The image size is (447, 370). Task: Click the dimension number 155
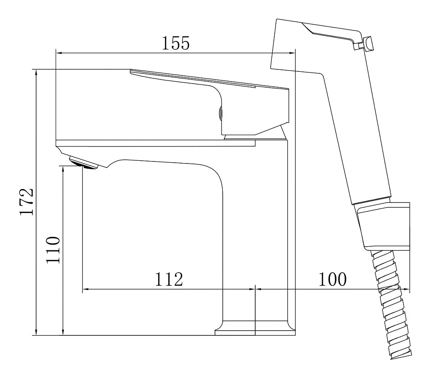point(175,43)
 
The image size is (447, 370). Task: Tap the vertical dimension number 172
point(27,201)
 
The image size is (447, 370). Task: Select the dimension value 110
point(53,250)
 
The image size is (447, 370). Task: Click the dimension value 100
point(332,279)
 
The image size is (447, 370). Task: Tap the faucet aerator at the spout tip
point(83,163)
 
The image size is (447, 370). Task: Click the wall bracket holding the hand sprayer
point(384,226)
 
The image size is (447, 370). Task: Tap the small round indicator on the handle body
point(220,114)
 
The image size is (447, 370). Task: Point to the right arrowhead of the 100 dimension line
point(406,289)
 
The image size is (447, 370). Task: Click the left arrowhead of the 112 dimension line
point(87,289)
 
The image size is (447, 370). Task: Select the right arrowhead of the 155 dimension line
point(291,53)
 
